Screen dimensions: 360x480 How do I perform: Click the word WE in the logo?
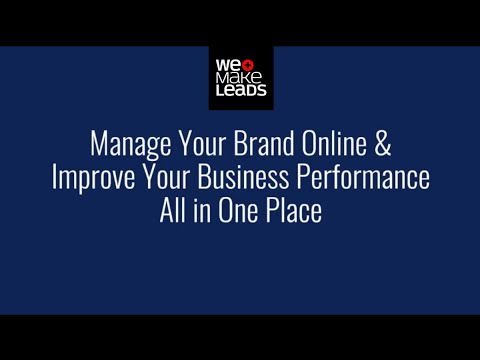click(x=225, y=65)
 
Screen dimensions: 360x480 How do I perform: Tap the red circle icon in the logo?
click(x=246, y=65)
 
